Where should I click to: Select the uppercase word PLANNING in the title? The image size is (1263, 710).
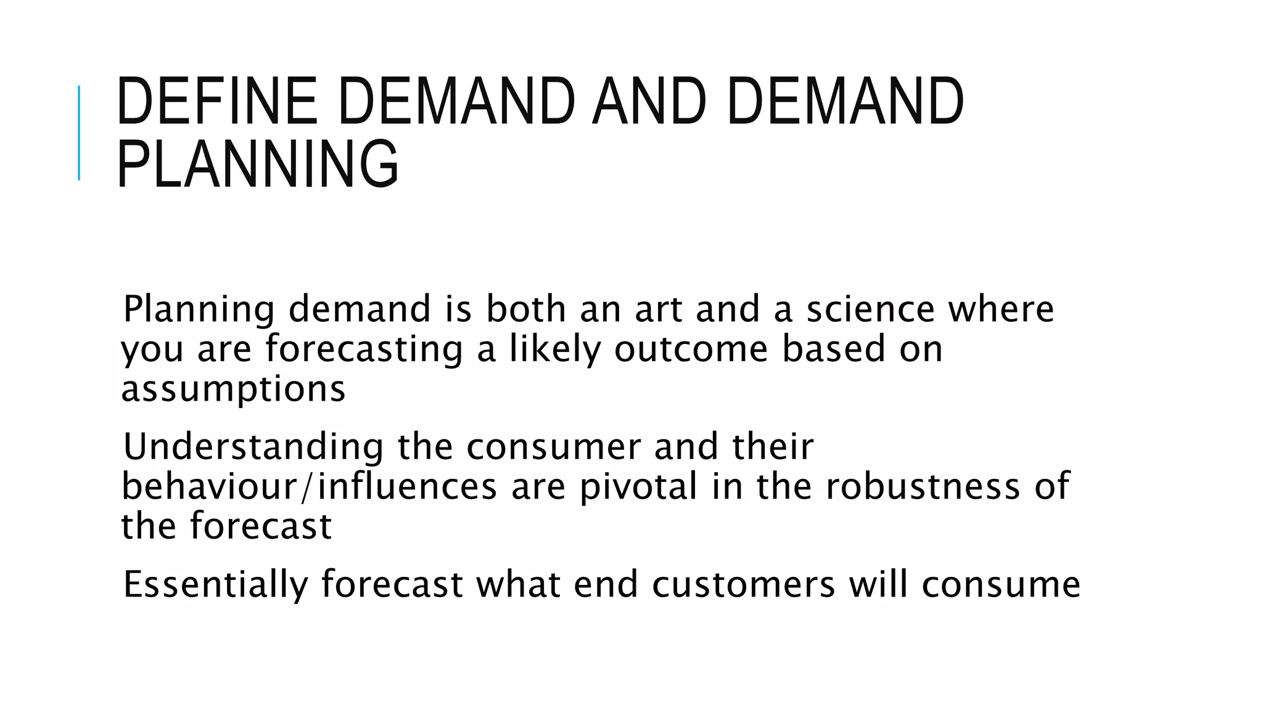tap(258, 164)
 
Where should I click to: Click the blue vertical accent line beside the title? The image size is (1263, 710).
tap(79, 133)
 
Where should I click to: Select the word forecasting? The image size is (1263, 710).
tap(364, 349)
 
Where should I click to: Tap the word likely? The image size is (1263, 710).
tap(554, 349)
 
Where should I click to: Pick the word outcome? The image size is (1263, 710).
tap(691, 349)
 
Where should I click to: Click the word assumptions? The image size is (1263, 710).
tap(233, 390)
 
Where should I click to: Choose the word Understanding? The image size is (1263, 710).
tap(253, 447)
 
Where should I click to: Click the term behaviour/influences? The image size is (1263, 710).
tap(309, 486)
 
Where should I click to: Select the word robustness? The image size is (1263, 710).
tap(923, 486)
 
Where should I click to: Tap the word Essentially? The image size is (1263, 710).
tap(215, 584)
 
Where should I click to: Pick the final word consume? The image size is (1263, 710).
tap(1001, 584)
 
